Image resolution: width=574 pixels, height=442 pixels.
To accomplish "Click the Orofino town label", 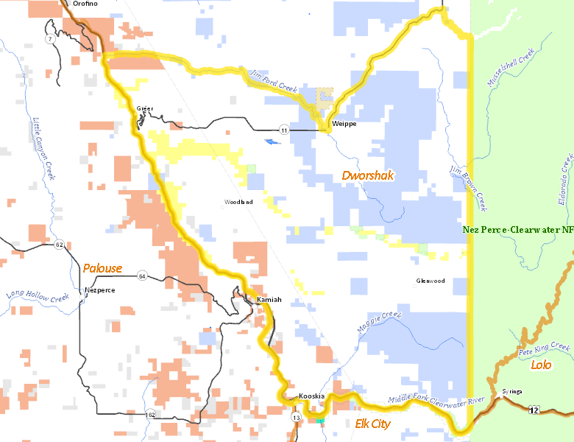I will [85, 4].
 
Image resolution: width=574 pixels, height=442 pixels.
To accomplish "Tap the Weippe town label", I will [344, 124].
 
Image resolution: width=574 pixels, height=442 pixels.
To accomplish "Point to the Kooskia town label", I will [312, 396].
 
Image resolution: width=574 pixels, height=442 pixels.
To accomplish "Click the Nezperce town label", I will [100, 290].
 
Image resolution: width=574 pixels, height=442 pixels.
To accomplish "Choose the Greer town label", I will [145, 109].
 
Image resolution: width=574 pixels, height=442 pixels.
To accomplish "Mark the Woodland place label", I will [238, 202].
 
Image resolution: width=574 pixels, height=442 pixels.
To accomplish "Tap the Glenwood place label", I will [431, 281].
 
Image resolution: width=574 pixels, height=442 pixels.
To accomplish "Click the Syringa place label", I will [512, 391].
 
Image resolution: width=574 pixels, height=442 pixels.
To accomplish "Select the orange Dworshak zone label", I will [367, 176].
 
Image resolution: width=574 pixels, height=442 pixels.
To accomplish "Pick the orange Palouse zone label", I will [102, 268].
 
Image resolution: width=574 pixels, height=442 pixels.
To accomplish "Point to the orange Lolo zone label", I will [541, 365].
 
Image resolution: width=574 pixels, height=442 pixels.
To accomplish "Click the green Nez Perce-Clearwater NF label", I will [518, 230].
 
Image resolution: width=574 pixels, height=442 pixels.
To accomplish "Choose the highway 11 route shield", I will [284, 130].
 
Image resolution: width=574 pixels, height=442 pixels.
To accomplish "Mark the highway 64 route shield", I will [142, 276].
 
